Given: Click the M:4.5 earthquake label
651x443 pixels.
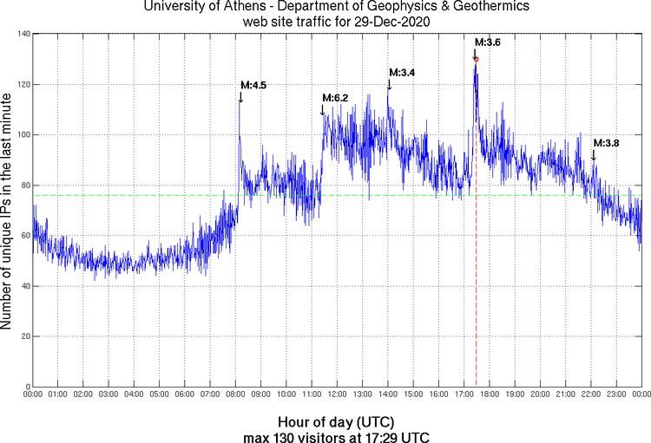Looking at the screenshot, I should coord(253,85).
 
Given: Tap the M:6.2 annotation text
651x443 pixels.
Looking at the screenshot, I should coord(335,98).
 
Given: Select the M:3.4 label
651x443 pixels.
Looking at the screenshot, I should coord(402,73).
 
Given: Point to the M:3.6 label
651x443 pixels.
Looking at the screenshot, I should coord(487,42).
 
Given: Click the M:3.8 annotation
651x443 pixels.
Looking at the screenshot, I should coord(606,143).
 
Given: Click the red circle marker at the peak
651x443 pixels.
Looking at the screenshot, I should coord(476,59).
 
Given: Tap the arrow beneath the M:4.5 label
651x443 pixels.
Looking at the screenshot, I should coord(240,97).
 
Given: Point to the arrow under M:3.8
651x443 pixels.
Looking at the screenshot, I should coord(594,154).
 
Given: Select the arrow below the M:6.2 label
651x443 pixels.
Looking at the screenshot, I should coord(322,109).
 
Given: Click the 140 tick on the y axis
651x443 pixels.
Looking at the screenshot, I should coord(22,34).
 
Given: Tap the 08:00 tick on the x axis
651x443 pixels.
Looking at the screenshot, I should coord(235,395).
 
